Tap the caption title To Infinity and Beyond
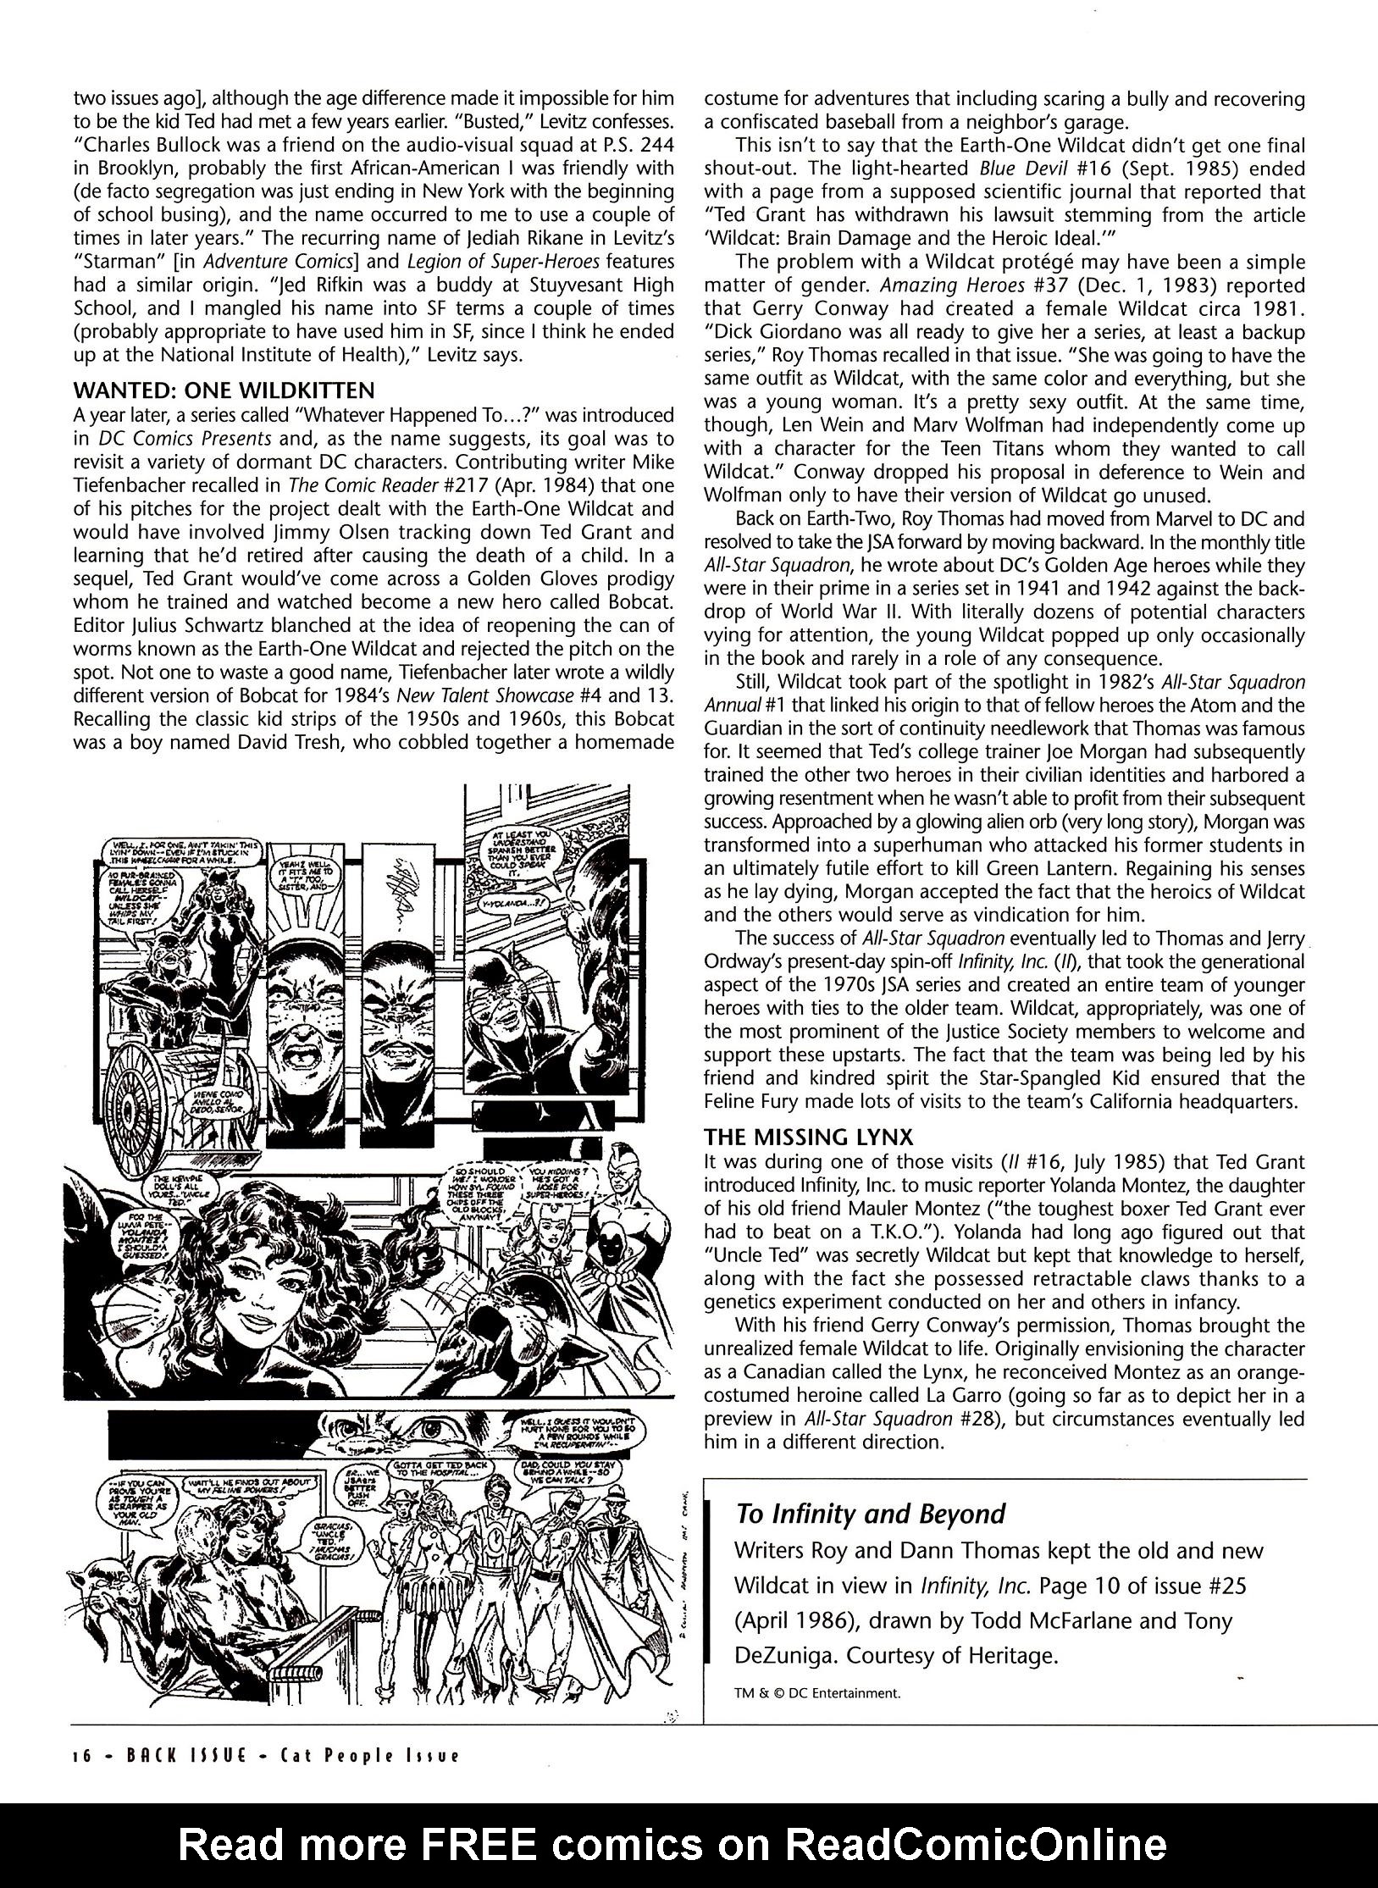point(870,1513)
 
